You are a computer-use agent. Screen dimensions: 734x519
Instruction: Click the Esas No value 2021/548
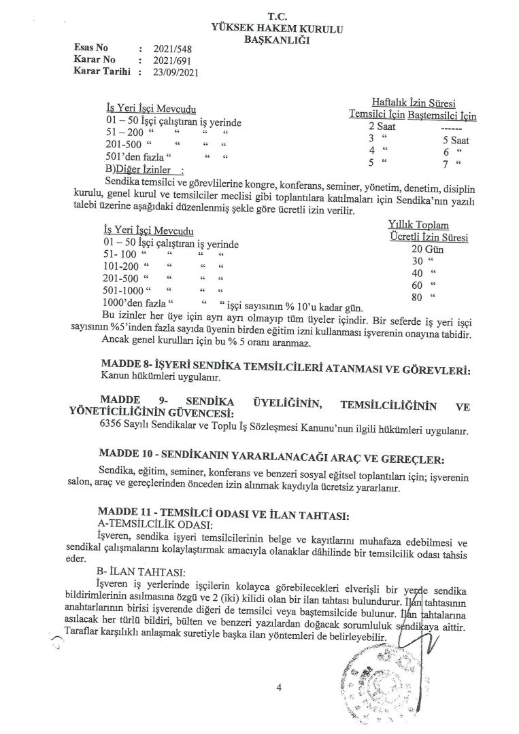pos(171,49)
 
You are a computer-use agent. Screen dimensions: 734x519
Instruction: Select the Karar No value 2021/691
pos(171,59)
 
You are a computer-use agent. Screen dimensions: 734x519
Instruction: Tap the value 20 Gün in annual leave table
pos(426,249)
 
